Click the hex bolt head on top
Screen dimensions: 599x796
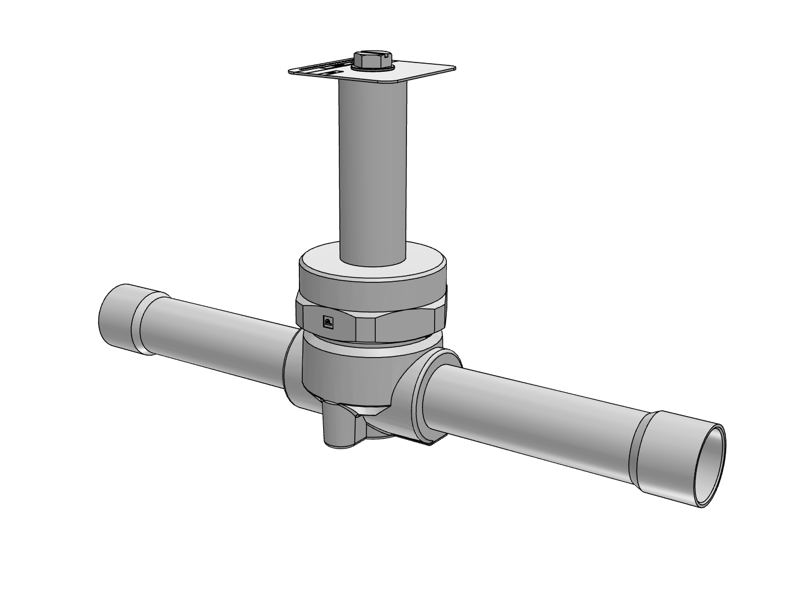tap(373, 58)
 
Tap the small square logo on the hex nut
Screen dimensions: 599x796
tap(327, 322)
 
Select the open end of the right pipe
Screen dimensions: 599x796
tap(710, 466)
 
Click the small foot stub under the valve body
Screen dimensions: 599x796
tap(338, 428)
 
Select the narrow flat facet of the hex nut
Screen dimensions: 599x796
tap(365, 329)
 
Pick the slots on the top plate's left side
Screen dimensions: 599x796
tap(321, 69)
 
